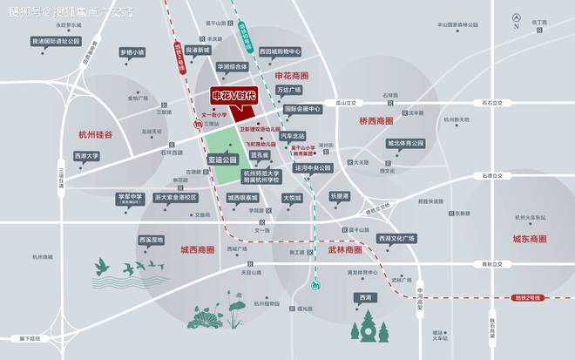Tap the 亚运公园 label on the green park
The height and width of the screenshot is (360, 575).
tap(223, 160)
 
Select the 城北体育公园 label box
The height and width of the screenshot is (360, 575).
tap(404, 143)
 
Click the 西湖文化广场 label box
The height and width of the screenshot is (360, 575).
tap(396, 238)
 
